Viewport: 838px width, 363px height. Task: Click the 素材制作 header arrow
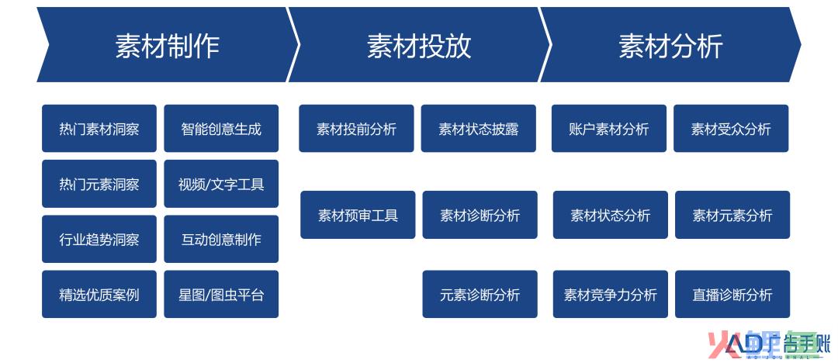168,45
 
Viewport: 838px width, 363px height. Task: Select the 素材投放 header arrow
420,45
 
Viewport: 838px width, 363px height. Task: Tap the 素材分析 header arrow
670,45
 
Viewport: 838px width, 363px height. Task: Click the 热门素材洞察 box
99,128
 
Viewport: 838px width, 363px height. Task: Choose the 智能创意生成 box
221,128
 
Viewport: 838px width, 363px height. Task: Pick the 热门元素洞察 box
99,184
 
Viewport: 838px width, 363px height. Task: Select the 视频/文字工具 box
221,184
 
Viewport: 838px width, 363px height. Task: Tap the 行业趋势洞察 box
99,239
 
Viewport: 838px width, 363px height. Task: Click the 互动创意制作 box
221,239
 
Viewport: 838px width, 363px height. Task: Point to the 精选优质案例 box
99,294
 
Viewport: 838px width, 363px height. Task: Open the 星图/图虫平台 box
221,294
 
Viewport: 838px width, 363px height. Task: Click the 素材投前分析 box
356,128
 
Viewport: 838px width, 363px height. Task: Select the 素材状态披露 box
478,128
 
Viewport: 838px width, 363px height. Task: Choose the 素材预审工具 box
358,215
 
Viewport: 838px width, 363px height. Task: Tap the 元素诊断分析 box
480,294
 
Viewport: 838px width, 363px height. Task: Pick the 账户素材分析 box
609,128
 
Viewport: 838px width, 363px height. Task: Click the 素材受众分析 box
731,128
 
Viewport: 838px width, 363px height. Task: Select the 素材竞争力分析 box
611,294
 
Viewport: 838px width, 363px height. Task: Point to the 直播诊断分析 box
732,294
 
